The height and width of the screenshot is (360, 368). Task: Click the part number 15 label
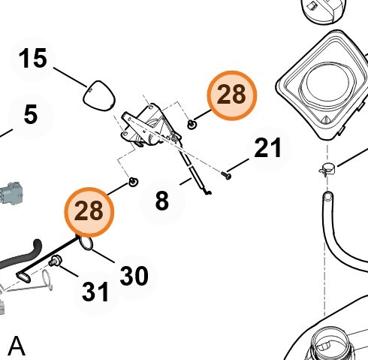[33, 59]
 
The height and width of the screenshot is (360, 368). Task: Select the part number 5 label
[31, 114]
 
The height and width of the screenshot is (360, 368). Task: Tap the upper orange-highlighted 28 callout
[232, 95]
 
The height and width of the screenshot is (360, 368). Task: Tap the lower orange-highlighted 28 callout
[89, 212]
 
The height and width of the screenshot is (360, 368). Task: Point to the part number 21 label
[267, 148]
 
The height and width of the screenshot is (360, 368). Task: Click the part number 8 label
[162, 201]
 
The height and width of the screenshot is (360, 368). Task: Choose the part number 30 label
[134, 276]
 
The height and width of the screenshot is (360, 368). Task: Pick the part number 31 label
[95, 292]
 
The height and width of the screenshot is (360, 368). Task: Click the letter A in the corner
[17, 346]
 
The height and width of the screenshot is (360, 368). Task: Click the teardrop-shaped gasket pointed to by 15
[99, 96]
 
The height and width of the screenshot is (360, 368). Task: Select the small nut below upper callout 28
[192, 124]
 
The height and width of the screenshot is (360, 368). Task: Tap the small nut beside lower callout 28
[134, 182]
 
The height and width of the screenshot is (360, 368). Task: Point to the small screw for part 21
[226, 175]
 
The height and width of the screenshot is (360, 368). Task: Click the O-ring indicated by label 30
[86, 243]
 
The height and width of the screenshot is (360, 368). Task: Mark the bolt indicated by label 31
[54, 261]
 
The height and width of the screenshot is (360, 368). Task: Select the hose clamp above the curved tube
[327, 169]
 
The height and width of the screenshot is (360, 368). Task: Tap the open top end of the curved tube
[327, 195]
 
